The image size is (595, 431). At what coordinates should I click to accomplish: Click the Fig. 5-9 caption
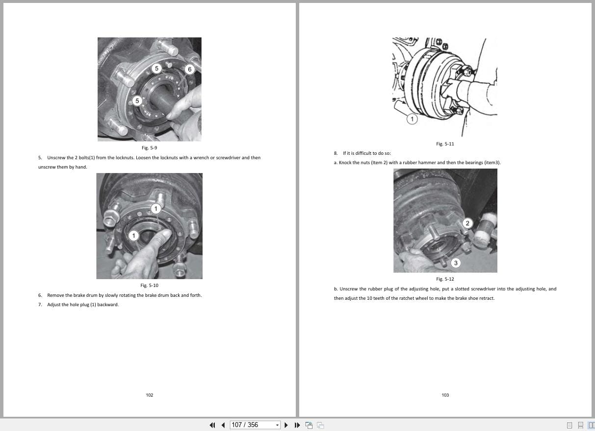click(149, 148)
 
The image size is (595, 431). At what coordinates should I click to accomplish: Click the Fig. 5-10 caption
click(149, 286)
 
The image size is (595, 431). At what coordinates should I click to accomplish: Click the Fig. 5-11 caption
click(445, 144)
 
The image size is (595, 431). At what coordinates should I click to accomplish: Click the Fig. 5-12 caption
click(445, 279)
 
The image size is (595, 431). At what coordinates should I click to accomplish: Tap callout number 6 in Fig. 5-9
click(190, 69)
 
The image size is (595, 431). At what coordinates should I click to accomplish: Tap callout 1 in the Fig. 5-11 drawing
click(412, 119)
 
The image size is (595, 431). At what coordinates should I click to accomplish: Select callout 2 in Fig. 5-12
click(467, 224)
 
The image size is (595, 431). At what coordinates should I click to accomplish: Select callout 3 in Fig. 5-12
click(456, 263)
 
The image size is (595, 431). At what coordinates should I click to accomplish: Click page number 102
click(150, 395)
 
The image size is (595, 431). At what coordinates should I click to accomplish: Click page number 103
click(445, 395)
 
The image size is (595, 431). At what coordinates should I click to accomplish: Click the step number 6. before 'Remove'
click(40, 295)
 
